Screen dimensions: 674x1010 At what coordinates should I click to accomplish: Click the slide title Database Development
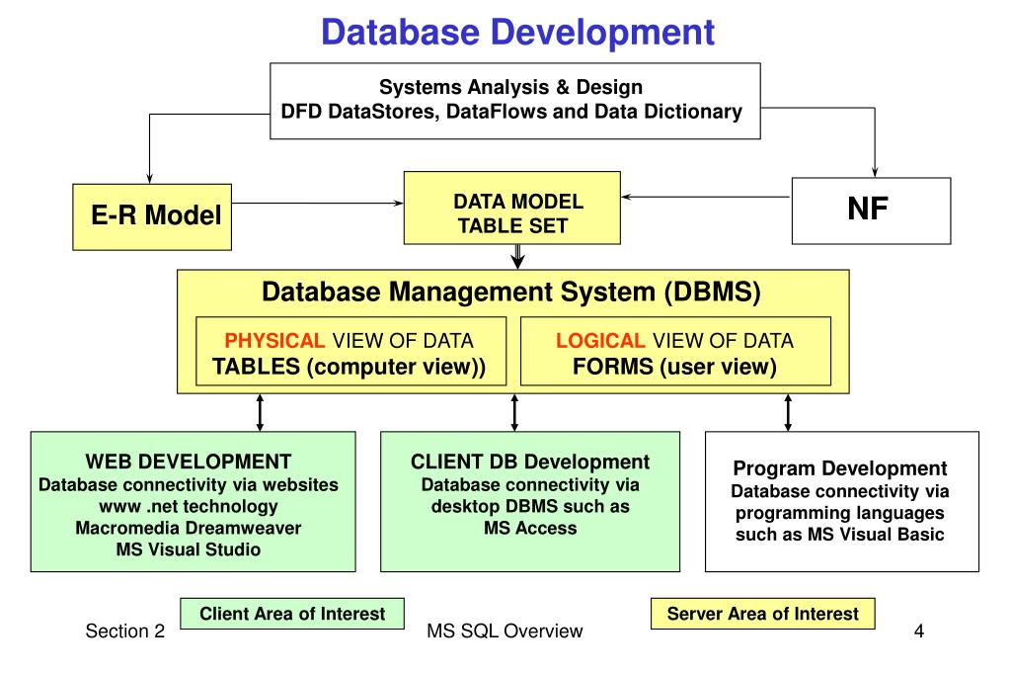[x=517, y=33]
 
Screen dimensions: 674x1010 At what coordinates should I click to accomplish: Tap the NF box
[x=871, y=210]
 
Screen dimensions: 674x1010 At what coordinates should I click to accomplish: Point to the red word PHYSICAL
[x=274, y=341]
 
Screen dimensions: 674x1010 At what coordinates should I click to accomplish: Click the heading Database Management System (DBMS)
[x=510, y=293]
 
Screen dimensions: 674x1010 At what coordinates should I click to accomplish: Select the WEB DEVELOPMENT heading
[x=188, y=462]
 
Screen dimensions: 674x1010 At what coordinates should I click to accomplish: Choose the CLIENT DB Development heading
[x=529, y=462]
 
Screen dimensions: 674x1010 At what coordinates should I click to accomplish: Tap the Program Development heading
[x=840, y=468]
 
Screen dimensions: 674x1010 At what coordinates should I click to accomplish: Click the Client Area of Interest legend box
[x=292, y=614]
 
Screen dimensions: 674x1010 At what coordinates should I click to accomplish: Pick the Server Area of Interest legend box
[x=762, y=614]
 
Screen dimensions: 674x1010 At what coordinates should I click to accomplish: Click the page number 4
[x=919, y=631]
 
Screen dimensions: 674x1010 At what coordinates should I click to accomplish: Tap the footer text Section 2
[x=125, y=632]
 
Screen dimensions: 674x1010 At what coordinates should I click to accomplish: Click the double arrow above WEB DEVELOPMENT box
[x=260, y=412]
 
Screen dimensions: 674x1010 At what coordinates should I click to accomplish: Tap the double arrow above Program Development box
[x=788, y=412]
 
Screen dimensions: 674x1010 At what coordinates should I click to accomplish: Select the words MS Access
[x=530, y=528]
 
